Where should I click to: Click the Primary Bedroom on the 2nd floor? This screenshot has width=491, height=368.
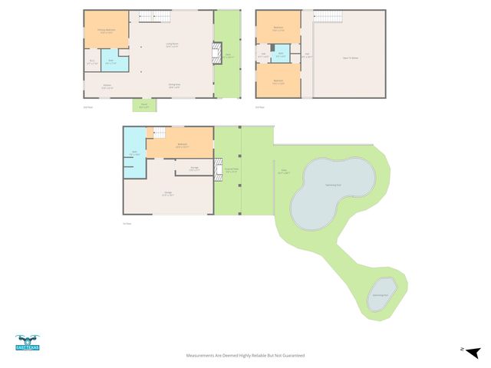(106, 31)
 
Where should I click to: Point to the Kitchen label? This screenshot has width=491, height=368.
(107, 87)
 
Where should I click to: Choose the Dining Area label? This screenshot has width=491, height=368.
(174, 86)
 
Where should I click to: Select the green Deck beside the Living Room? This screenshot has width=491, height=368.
(226, 54)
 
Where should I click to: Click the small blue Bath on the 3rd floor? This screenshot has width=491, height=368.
(282, 55)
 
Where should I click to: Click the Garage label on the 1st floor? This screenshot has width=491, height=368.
(167, 195)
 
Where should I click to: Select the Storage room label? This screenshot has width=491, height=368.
(195, 169)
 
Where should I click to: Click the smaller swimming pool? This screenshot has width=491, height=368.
(379, 295)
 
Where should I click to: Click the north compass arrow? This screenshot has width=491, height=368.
(473, 352)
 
